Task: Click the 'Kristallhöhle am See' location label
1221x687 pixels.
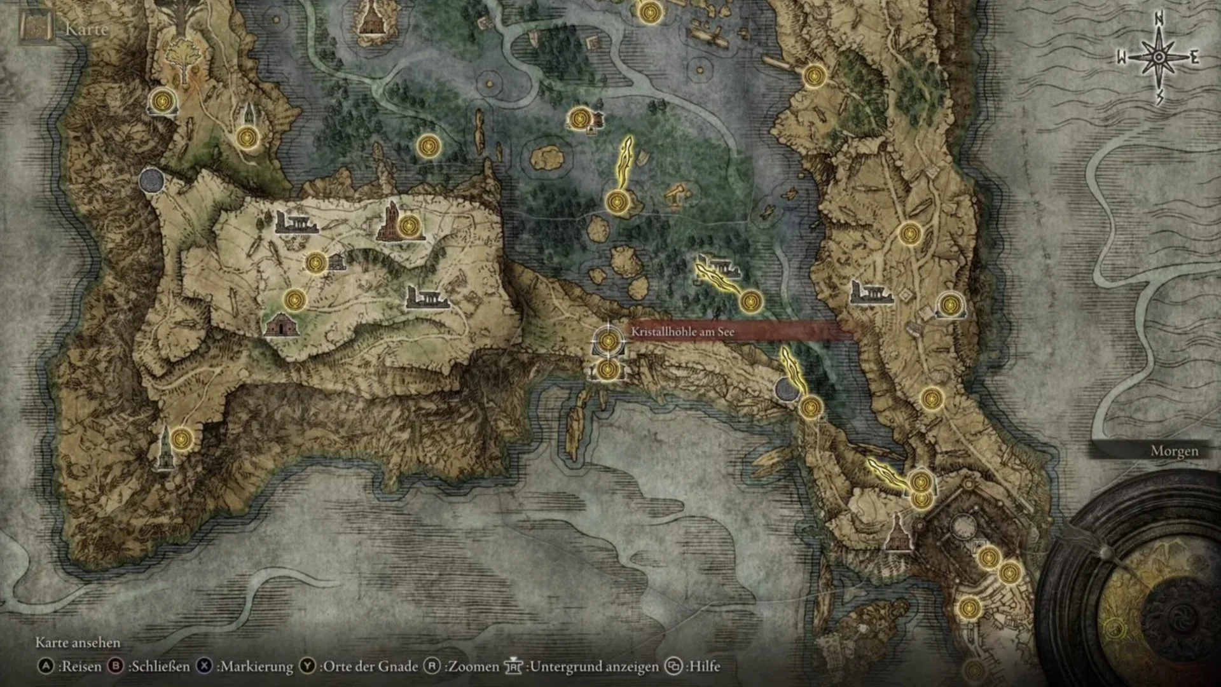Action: click(682, 331)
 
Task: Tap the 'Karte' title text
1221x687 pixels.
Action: click(86, 29)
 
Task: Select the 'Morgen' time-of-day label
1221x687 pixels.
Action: click(1174, 451)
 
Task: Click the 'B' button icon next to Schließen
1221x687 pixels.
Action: click(116, 666)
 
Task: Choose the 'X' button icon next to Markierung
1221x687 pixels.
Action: click(204, 666)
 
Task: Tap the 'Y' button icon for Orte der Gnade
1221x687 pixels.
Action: click(308, 666)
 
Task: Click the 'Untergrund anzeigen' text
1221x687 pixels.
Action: click(594, 666)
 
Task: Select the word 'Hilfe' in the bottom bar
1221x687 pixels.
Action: click(705, 666)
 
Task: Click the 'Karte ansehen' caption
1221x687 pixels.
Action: click(78, 642)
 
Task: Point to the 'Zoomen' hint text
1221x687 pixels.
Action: click(473, 666)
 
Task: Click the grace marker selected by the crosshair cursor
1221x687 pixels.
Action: click(608, 340)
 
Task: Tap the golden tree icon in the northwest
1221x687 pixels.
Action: click(183, 56)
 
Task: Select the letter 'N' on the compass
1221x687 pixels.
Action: click(1159, 20)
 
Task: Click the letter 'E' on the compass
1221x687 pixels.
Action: click(1194, 59)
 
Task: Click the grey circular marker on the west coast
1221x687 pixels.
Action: click(151, 181)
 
